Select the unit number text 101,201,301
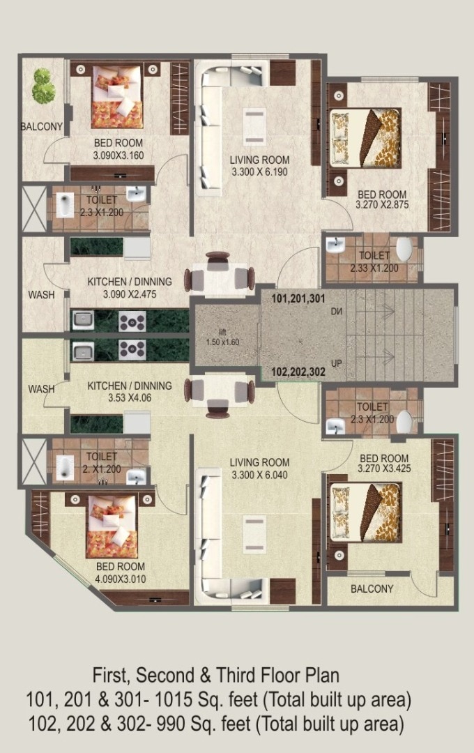(x=298, y=298)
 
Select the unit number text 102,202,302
(x=298, y=371)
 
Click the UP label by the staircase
(x=337, y=363)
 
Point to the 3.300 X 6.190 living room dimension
(x=259, y=172)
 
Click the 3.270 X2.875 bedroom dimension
(x=382, y=205)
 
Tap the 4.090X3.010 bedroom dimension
(x=121, y=579)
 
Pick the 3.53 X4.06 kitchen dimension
(x=130, y=397)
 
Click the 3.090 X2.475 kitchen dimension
(x=130, y=294)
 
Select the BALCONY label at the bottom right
(x=372, y=588)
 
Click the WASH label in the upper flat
(x=41, y=295)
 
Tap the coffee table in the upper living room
(x=254, y=125)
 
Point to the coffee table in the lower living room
(x=254, y=533)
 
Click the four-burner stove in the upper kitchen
(x=132, y=321)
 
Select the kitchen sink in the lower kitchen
(x=83, y=351)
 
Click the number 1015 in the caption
(x=171, y=700)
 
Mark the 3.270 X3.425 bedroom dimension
(x=384, y=469)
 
